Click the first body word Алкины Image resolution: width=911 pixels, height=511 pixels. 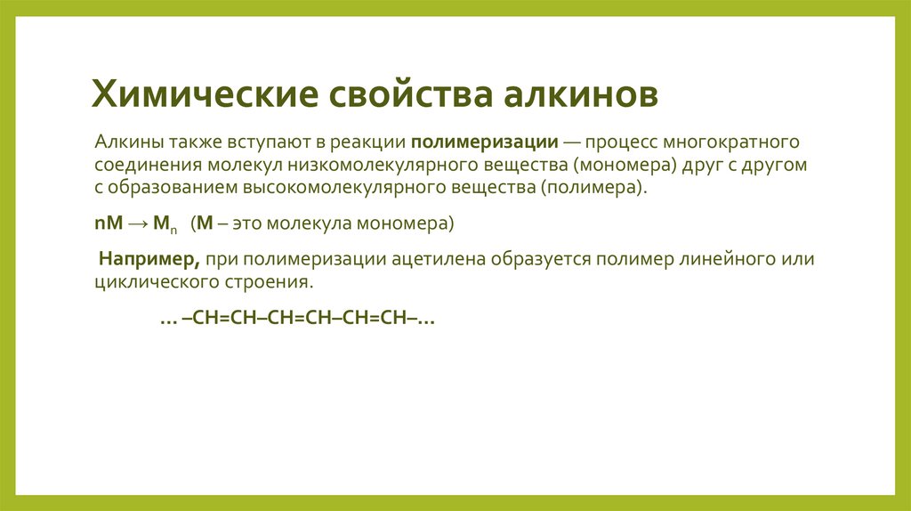[125, 142]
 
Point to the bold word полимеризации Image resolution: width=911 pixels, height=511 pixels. [485, 142]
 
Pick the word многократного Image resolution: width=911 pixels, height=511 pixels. [717, 142]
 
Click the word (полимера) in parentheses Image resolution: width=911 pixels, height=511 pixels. [593, 189]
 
